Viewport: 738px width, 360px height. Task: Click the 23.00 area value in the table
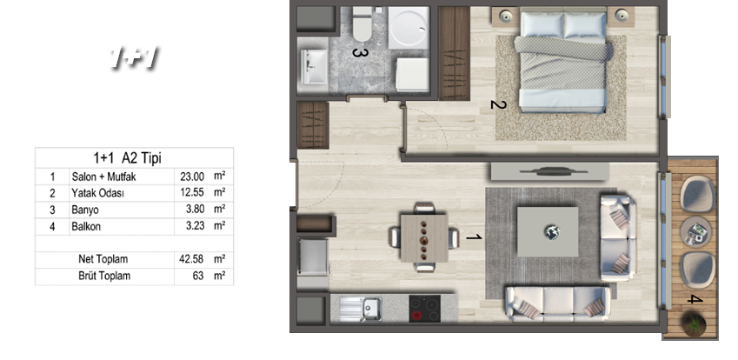(192, 177)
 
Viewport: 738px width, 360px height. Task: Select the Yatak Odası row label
(97, 193)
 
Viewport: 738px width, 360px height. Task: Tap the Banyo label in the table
(85, 210)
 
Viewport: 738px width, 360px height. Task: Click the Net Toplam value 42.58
(192, 259)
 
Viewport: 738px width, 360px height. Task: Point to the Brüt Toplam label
(104, 276)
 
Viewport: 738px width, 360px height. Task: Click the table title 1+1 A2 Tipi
(127, 158)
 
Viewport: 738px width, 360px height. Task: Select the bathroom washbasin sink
(314, 67)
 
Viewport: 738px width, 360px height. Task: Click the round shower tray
(409, 27)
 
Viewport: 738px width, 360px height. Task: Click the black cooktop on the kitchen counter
(424, 309)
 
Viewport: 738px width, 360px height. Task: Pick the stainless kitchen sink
(361, 309)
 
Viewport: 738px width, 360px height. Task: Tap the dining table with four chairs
(424, 237)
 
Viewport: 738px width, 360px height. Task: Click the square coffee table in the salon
(548, 231)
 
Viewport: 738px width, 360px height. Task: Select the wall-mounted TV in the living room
(549, 172)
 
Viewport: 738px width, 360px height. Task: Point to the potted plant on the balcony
(695, 324)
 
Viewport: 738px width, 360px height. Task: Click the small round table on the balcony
(695, 231)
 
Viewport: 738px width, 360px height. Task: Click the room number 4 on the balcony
(695, 299)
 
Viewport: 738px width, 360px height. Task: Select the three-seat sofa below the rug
(557, 303)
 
